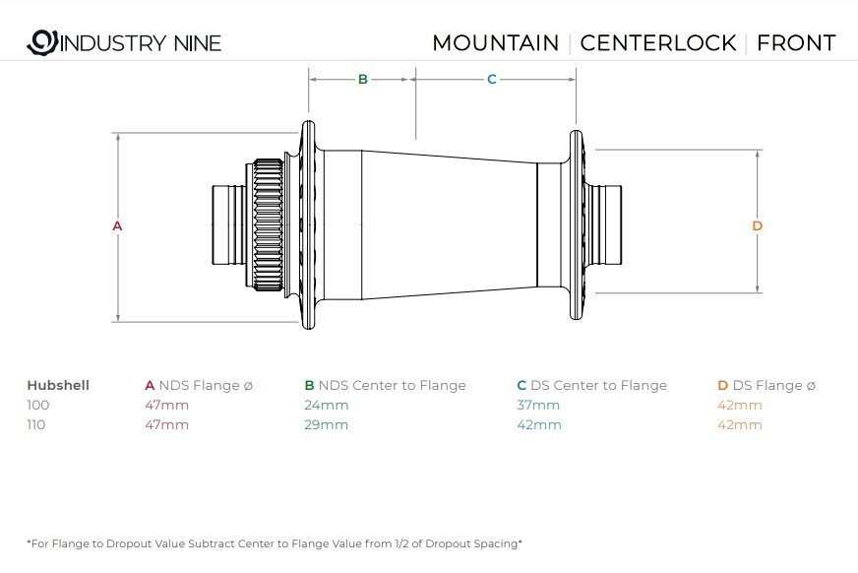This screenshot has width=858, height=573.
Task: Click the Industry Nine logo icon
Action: pyautogui.click(x=42, y=42)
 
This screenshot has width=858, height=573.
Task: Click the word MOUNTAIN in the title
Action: pyautogui.click(x=496, y=42)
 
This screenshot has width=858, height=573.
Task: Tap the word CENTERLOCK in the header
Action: pyautogui.click(x=658, y=42)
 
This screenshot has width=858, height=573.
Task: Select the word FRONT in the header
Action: pyautogui.click(x=796, y=42)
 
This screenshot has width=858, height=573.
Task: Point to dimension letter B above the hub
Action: pyautogui.click(x=362, y=80)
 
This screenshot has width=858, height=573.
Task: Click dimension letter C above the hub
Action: pyautogui.click(x=491, y=80)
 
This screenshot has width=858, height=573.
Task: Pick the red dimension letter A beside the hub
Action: pyautogui.click(x=117, y=225)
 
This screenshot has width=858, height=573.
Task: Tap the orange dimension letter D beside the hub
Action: pyautogui.click(x=757, y=225)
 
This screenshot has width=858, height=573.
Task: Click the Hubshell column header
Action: pyautogui.click(x=58, y=385)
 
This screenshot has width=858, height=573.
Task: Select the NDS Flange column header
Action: pyautogui.click(x=199, y=385)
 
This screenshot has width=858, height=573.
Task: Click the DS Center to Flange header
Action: pyautogui.click(x=592, y=385)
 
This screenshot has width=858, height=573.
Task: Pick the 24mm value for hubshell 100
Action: pyautogui.click(x=326, y=405)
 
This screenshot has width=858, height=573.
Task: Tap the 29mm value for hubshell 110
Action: pyautogui.click(x=326, y=424)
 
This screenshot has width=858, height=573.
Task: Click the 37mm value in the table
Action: pyautogui.click(x=538, y=405)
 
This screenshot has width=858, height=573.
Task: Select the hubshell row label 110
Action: pyautogui.click(x=36, y=424)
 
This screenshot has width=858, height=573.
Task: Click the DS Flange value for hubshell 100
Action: pyautogui.click(x=740, y=405)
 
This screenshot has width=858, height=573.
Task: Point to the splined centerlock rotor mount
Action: pyautogui.click(x=267, y=224)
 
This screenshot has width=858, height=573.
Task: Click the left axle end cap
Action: pyautogui.click(x=228, y=224)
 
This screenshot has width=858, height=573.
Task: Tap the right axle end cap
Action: pyautogui.click(x=608, y=224)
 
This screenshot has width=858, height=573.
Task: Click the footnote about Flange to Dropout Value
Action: pyautogui.click(x=275, y=543)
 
